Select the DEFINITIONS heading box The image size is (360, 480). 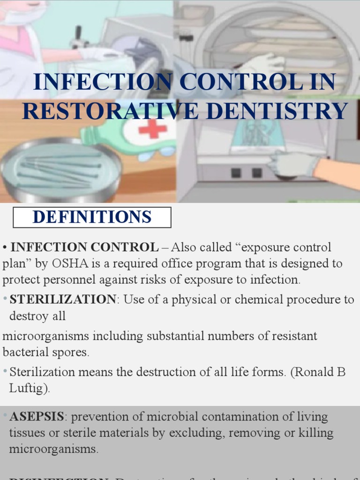click(92, 217)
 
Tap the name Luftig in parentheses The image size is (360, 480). click(30, 389)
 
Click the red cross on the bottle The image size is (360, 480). click(152, 128)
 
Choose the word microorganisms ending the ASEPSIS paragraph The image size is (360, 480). click(53, 449)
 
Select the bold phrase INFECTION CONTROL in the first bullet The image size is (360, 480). click(84, 247)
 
